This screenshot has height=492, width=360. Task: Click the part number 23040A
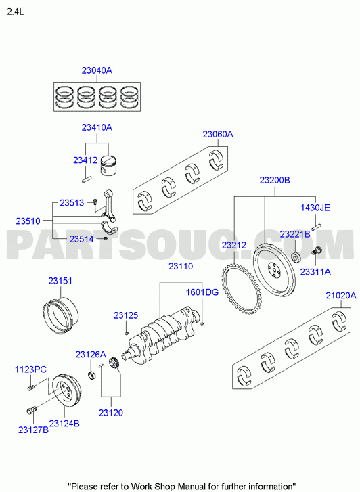click(x=97, y=70)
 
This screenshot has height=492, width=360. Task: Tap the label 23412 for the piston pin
click(x=85, y=160)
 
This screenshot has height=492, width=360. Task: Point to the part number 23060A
click(x=218, y=134)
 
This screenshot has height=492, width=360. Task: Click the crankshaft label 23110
click(x=181, y=267)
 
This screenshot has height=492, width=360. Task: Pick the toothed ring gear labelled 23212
click(x=241, y=289)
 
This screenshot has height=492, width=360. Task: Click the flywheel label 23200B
click(x=275, y=180)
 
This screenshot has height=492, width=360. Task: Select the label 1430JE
click(x=315, y=208)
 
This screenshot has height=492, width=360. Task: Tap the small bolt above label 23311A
click(x=316, y=251)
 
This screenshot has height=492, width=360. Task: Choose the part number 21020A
click(x=341, y=295)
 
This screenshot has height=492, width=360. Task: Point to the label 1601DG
click(x=202, y=292)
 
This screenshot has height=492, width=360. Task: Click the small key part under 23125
click(x=126, y=332)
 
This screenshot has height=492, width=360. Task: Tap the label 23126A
click(x=91, y=354)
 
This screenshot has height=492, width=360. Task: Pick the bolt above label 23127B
click(x=32, y=409)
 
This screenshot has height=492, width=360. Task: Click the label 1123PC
click(x=30, y=370)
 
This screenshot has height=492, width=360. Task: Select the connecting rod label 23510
click(x=28, y=221)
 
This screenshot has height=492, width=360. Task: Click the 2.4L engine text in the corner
click(x=16, y=12)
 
